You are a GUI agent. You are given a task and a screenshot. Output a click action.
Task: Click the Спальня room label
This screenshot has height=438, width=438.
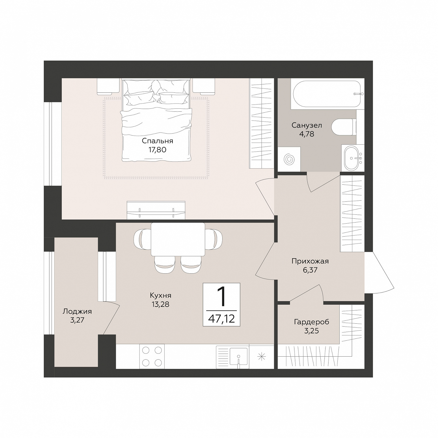coord(157,141)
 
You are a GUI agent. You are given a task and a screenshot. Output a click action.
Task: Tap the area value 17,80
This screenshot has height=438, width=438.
coord(157,150)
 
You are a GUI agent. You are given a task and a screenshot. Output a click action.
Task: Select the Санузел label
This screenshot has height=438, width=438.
coord(307,125)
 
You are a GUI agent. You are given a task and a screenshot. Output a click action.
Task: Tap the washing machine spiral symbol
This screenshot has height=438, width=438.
coord(289,159)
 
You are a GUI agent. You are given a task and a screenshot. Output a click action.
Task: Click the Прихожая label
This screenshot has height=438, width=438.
coord(310,261)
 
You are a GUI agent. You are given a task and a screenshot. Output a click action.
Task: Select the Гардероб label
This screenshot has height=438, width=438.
coord(311,322)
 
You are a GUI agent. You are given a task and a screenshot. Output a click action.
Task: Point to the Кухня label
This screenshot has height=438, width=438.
coord(161,295)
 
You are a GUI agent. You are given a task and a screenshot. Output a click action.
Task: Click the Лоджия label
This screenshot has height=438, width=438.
coord(77,311)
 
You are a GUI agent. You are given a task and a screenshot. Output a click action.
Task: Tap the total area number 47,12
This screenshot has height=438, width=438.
coord(221,319)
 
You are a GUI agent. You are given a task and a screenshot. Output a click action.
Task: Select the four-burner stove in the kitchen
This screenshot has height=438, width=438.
coord(152,356)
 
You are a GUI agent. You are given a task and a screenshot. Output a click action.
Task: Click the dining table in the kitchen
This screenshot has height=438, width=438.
coord(178,239)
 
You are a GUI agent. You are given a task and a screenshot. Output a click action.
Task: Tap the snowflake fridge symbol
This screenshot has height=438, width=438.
coord(261,357)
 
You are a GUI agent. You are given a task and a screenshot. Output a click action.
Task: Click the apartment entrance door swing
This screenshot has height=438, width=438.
coord(379,273)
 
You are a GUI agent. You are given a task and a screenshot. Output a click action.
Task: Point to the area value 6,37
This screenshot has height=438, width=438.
coord(310,270)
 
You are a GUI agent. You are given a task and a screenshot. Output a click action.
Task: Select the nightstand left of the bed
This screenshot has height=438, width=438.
coord(108,86)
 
